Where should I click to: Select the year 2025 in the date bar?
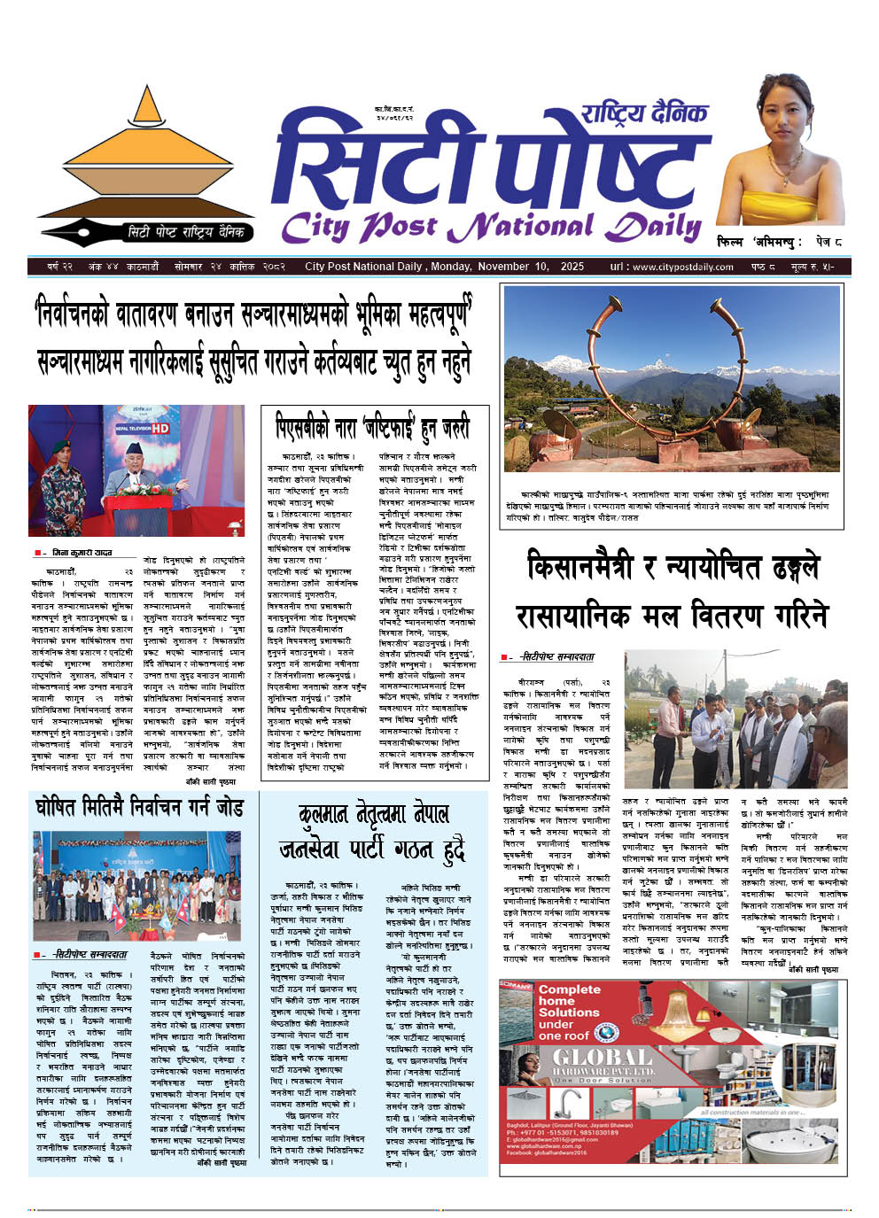pos(572,267)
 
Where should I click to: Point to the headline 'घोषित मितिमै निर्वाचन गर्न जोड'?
pos(139,808)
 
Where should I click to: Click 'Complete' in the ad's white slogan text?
pos(569,989)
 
